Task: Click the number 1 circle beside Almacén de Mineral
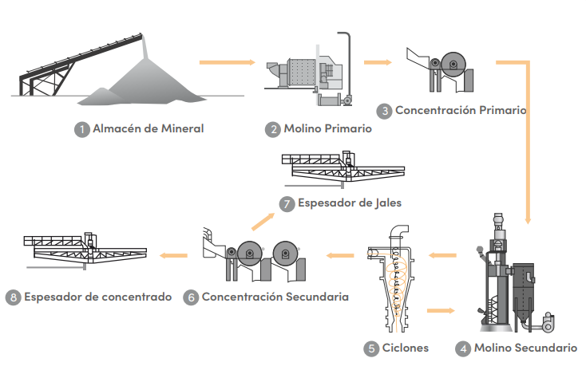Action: click(x=81, y=128)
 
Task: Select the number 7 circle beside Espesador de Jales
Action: click(x=287, y=203)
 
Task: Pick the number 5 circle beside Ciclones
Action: click(x=371, y=348)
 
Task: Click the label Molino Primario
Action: click(x=327, y=128)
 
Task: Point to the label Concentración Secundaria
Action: click(x=275, y=297)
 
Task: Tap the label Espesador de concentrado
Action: click(x=97, y=297)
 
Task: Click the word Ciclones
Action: click(x=406, y=348)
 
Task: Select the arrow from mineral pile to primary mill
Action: click(x=228, y=61)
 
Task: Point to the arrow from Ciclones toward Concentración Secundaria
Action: click(x=339, y=255)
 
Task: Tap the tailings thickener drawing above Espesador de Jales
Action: click(x=342, y=171)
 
